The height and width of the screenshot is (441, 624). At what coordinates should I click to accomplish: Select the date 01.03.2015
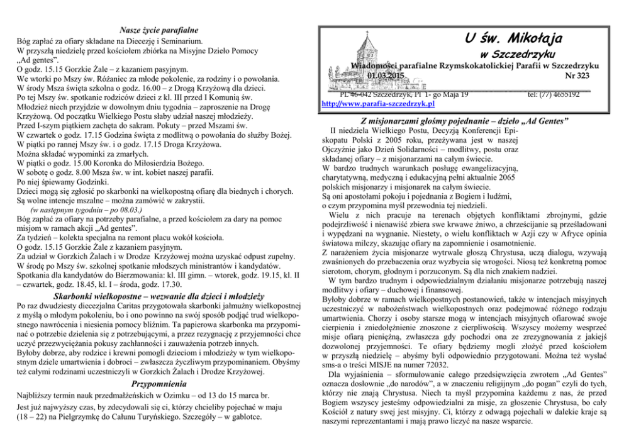click(386, 75)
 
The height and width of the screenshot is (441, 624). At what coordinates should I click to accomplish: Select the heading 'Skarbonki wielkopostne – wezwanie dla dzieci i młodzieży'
click(159, 296)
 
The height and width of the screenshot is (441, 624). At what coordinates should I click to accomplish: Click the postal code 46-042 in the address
click(356, 94)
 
